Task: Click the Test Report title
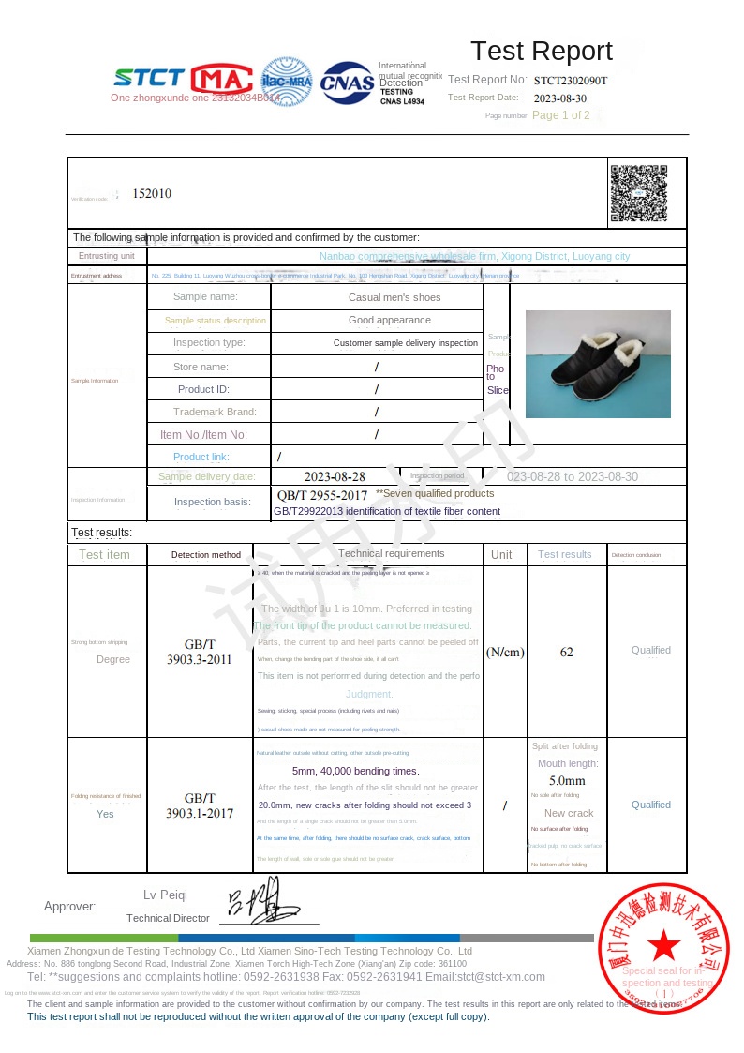click(541, 51)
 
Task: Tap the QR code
click(639, 193)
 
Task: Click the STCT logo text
click(149, 78)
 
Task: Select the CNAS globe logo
click(347, 83)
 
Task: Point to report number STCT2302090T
click(571, 81)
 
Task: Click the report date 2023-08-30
click(560, 98)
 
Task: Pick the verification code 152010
click(152, 193)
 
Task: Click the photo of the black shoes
click(598, 364)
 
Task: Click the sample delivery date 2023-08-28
click(335, 476)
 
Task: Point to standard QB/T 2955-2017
click(322, 494)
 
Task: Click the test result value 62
click(566, 652)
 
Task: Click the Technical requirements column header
click(391, 554)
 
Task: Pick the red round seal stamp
click(663, 947)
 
